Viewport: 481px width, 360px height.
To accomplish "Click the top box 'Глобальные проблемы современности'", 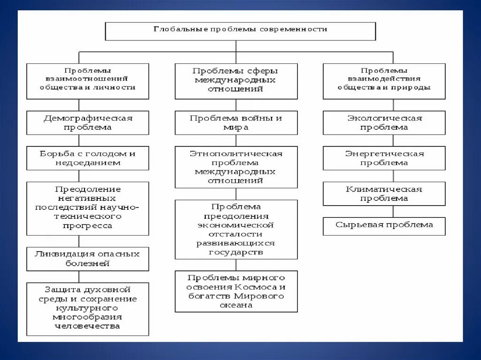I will pos(240,31).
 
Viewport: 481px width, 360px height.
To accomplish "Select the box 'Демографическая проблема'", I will pos(87,123).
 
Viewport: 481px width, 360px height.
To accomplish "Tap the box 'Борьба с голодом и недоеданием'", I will pos(87,158).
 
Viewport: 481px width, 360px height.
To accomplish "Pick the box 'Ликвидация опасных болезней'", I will pos(87,259).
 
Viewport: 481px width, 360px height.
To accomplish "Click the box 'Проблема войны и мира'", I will pos(236,123).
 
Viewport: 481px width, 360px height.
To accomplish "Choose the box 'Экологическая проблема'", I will pos(384,123).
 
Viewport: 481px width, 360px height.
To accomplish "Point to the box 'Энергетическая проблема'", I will pos(384,158).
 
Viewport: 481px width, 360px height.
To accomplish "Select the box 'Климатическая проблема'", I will pos(384,193).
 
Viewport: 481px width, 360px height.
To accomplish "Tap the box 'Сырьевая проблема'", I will pos(384,225).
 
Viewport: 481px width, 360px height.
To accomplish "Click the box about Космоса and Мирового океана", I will pos(236,291).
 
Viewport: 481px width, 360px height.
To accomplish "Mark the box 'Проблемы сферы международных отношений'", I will pos(236,81).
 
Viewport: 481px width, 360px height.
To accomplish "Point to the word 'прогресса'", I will pos(87,226).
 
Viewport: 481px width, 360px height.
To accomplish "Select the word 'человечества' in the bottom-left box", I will pos(87,326).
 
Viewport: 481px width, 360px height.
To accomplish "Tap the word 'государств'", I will pos(236,252).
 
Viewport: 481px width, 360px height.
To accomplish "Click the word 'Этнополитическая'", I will pos(236,153).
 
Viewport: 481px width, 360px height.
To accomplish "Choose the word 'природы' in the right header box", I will pos(414,87).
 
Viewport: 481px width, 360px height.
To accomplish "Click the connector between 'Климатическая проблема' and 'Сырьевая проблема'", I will pos(393,211).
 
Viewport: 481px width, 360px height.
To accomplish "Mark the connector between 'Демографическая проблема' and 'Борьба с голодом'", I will pos(78,140).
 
